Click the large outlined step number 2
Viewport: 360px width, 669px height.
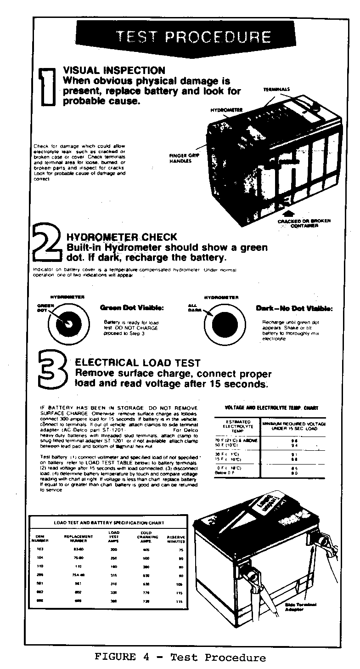tap(46, 247)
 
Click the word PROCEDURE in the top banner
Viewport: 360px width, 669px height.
tap(224, 37)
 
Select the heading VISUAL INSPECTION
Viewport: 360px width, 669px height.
tap(114, 70)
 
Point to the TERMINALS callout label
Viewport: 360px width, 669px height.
tap(276, 89)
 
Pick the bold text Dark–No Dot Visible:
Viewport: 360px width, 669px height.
tap(294, 308)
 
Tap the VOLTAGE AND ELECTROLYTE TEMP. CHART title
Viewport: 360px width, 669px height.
tap(271, 407)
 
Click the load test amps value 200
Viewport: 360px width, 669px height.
tap(114, 550)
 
